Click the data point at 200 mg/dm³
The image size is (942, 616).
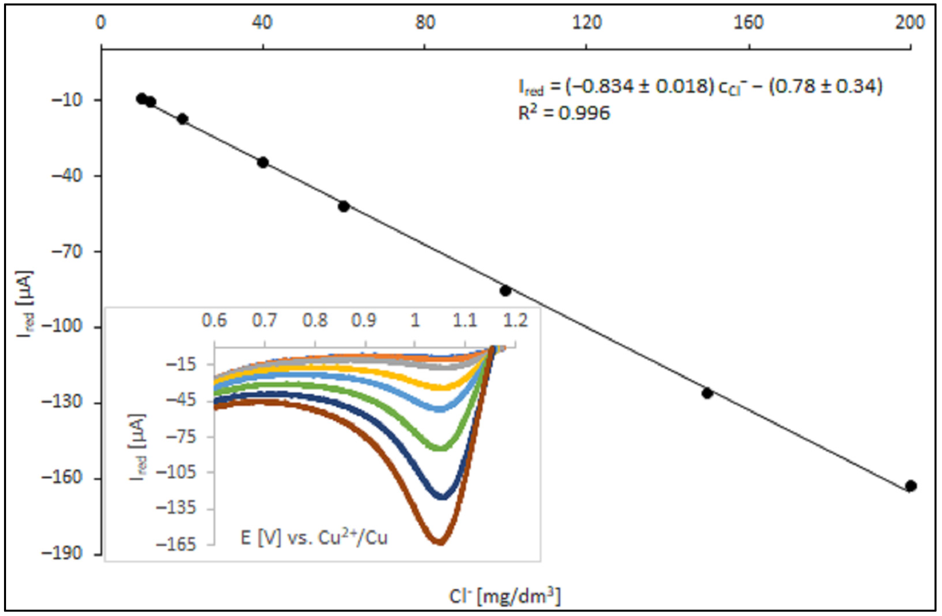pos(911,486)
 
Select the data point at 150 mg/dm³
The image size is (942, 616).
pos(707,393)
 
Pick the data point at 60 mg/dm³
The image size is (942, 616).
pos(344,206)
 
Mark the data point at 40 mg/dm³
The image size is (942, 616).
pos(263,162)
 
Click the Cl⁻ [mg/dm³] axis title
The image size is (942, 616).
pos(505,596)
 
